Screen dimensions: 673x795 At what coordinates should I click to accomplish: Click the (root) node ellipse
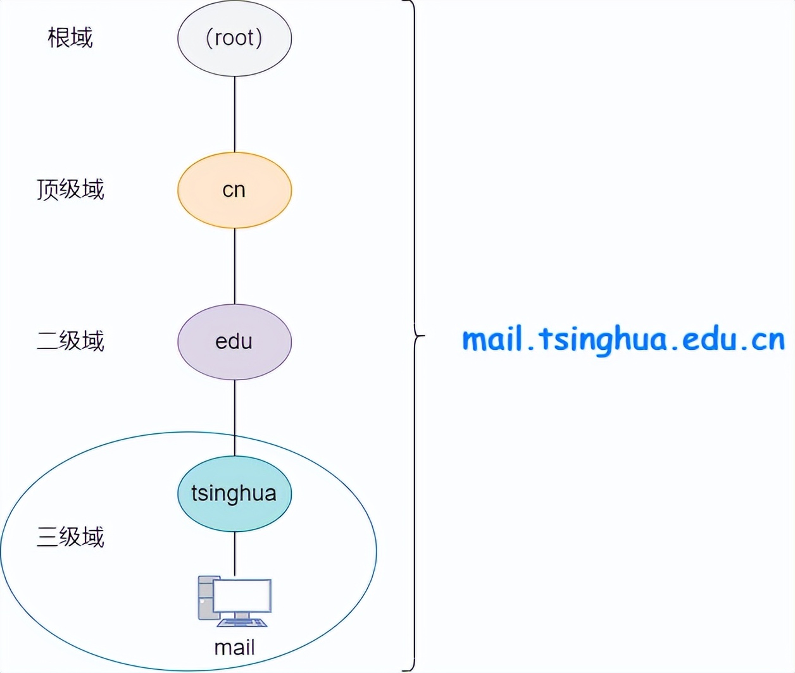234,38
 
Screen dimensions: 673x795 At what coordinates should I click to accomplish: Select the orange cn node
234,190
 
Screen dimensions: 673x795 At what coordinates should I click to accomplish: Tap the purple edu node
234,342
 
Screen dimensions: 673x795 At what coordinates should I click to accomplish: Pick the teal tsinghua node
234,493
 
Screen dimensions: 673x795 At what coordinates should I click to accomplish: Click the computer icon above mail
234,601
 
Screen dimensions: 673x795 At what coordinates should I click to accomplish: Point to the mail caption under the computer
234,648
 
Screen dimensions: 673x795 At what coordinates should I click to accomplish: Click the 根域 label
70,38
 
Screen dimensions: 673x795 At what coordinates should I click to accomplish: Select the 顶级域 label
70,189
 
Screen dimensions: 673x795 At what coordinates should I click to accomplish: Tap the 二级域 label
70,341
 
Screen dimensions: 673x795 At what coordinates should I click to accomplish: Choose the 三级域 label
70,537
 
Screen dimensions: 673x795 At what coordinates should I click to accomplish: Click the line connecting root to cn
235,114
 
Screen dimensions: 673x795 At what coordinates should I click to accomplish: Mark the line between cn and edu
235,266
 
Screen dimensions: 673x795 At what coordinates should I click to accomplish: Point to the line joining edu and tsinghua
235,417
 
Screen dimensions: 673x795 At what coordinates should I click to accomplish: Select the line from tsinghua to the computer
235,553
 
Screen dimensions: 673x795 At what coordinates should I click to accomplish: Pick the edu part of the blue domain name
710,339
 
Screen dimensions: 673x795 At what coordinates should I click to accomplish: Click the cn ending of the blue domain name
768,340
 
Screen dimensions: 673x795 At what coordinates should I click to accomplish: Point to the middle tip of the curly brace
423,335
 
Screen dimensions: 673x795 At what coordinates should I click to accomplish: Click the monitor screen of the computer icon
242,596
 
